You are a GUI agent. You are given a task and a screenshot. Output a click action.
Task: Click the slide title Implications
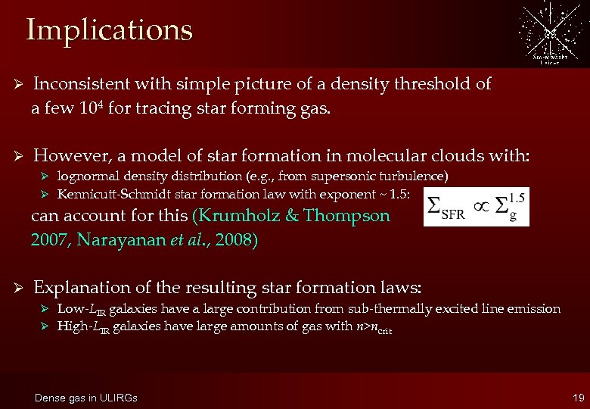(x=109, y=30)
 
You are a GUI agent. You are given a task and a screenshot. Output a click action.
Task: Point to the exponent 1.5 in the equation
(x=517, y=197)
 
